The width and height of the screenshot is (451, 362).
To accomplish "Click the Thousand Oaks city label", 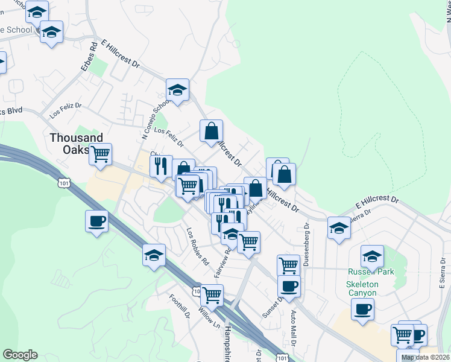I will coord(76,144).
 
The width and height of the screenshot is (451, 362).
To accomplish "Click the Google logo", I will coord(20,355).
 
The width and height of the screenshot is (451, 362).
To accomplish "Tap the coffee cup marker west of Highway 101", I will coord(96,221).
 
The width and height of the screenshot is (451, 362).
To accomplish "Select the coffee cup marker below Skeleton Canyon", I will coord(362,309).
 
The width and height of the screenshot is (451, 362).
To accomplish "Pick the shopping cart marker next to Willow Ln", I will coord(212,295).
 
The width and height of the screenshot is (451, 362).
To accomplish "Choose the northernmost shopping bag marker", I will coord(212,131).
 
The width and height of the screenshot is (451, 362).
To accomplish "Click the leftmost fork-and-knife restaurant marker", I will coord(160,166).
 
